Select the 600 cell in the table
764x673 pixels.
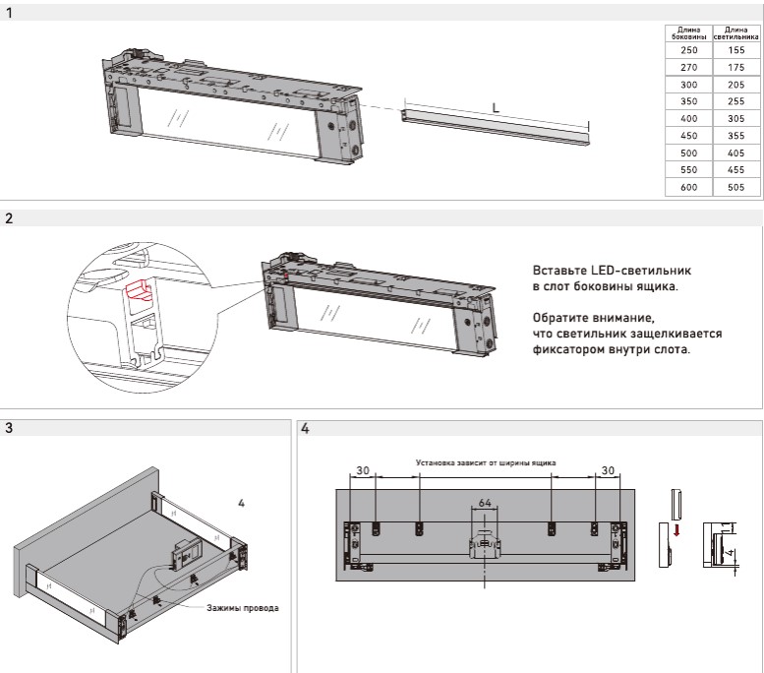[x=688, y=187]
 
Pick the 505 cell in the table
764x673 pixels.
[x=736, y=187]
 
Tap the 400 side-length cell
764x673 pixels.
[x=688, y=118]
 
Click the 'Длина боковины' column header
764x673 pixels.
[x=688, y=32]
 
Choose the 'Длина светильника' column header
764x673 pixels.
[x=736, y=32]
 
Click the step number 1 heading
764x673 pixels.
[x=9, y=13]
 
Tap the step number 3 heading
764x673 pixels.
[x=9, y=428]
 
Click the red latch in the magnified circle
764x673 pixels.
[x=137, y=289]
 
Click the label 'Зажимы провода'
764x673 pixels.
[x=242, y=608]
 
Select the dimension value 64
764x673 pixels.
[x=484, y=503]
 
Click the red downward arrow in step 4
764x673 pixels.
[x=676, y=532]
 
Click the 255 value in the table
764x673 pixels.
[x=736, y=100]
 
